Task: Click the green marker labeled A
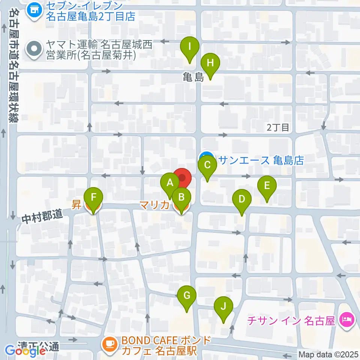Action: (x=170, y=183)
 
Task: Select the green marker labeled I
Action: (x=190, y=48)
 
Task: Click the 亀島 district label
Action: (x=193, y=78)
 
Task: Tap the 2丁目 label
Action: (x=278, y=127)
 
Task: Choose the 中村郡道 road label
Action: (x=42, y=216)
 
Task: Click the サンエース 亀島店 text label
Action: (x=261, y=160)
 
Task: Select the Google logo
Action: (x=25, y=351)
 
